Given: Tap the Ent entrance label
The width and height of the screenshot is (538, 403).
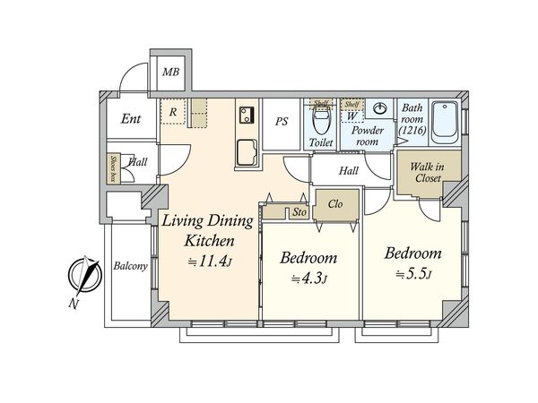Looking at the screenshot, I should pos(131,117).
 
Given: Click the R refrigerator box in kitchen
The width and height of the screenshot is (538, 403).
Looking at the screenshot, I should pos(172,111).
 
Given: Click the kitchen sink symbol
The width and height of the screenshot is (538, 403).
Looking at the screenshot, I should pos(245,151).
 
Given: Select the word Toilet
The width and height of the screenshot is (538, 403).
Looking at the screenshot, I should pos(321,142).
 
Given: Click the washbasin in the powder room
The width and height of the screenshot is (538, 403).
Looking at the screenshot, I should pos(377,109).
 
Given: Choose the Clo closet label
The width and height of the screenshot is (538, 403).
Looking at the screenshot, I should pos(334,203).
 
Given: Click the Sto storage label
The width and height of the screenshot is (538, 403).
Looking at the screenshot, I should pos(298,213).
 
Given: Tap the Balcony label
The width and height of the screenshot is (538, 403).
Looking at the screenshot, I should pos(130,266).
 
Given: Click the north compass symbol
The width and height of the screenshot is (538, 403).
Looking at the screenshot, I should pos(86,276).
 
